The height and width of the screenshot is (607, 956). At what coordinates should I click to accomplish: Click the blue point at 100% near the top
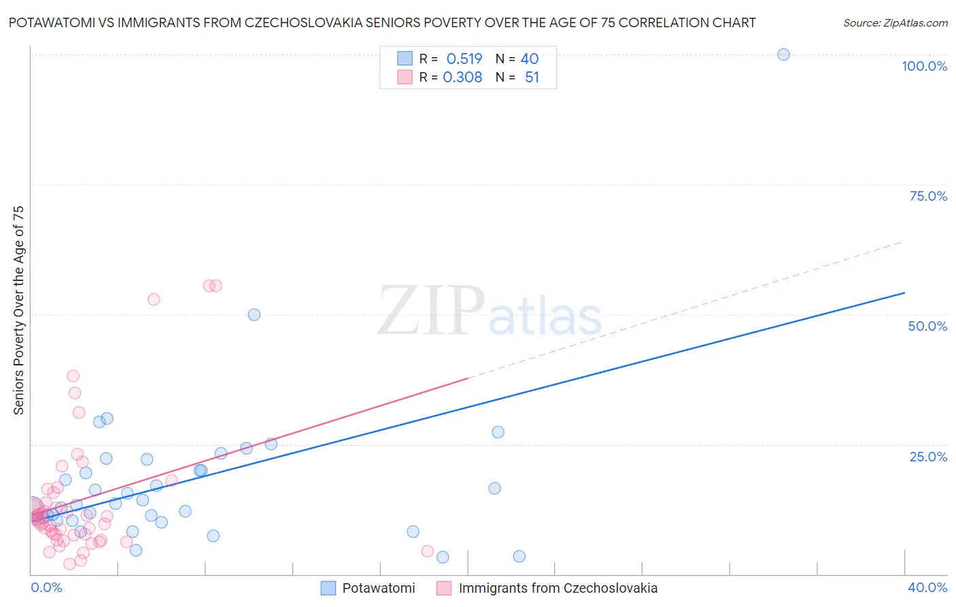click(783, 54)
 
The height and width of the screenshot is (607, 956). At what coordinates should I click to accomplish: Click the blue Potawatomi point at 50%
click(254, 314)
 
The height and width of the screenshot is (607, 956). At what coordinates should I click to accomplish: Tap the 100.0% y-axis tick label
click(924, 66)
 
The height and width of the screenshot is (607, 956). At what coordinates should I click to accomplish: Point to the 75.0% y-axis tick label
click(928, 196)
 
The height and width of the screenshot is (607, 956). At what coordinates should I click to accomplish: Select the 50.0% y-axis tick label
click(927, 326)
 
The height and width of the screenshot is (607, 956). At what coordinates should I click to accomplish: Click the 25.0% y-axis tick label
click(928, 457)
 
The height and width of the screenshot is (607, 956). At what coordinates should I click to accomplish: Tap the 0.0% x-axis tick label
click(46, 587)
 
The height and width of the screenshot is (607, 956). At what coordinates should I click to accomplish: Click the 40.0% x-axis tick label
click(927, 587)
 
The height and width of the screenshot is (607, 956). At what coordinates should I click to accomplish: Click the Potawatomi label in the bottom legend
click(378, 588)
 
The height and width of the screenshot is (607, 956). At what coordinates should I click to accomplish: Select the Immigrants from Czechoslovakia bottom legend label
click(558, 588)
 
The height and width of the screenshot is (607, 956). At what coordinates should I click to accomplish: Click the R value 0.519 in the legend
click(464, 59)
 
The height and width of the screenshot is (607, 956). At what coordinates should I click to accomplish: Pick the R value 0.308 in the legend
click(462, 78)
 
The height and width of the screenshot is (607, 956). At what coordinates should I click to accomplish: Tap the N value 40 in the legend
click(530, 59)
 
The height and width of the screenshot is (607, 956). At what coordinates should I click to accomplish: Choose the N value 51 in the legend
click(532, 78)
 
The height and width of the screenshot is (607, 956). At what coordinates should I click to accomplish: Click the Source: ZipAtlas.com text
click(895, 23)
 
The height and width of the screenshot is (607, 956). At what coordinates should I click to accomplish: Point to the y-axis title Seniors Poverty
click(19, 310)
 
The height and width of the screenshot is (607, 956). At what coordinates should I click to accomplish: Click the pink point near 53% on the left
click(154, 299)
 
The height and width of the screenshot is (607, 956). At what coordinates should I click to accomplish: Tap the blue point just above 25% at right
click(498, 432)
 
